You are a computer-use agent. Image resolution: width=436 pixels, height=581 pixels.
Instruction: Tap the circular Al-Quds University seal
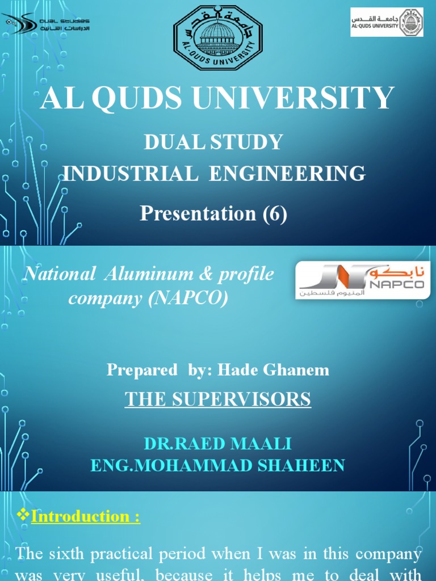218,38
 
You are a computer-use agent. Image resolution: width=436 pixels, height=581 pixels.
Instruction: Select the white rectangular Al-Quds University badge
387,22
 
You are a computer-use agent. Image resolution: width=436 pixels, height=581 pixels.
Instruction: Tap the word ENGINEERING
287,173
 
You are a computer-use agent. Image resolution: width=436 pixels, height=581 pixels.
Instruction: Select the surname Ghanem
299,370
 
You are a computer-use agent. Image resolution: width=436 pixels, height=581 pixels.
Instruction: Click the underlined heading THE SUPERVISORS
218,399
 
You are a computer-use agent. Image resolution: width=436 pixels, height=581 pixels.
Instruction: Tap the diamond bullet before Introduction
23,516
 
